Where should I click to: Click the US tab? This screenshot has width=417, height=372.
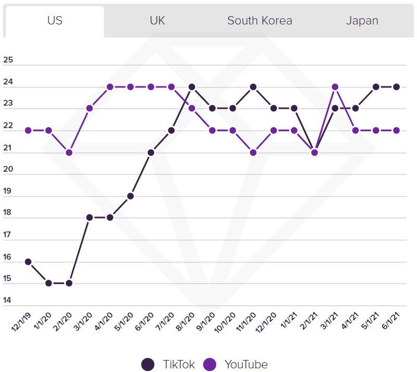pyautogui.click(x=55, y=21)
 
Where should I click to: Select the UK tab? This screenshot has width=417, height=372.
pyautogui.click(x=157, y=21)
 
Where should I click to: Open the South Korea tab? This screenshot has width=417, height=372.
pyautogui.click(x=260, y=21)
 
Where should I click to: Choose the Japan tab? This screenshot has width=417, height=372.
pyautogui.click(x=362, y=21)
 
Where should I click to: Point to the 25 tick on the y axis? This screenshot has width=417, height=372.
pyautogui.click(x=8, y=60)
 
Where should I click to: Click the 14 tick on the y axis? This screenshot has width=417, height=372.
pyautogui.click(x=8, y=301)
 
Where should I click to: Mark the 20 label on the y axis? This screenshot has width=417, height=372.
pyautogui.click(x=8, y=169)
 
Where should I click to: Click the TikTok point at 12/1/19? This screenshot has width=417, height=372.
pyautogui.click(x=28, y=262)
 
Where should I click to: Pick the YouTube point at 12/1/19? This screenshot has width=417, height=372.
pyautogui.click(x=28, y=130)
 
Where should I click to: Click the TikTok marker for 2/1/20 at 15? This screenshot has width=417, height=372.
pyautogui.click(x=69, y=283)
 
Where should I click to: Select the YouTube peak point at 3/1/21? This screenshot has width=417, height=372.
pyautogui.click(x=335, y=86)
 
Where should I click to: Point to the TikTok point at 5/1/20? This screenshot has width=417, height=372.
pyautogui.click(x=130, y=196)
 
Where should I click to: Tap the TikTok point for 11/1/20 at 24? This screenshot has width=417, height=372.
pyautogui.click(x=253, y=86)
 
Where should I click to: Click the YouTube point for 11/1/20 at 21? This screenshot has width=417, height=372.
pyautogui.click(x=253, y=152)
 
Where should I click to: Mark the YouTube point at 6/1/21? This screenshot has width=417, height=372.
pyautogui.click(x=397, y=130)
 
